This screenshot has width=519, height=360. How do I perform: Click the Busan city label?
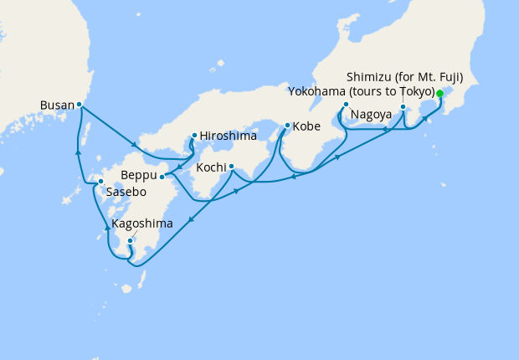pyautogui.click(x=57, y=105)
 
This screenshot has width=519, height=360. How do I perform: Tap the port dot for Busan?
pyautogui.click(x=79, y=105)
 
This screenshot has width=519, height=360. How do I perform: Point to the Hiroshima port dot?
pyautogui.click(x=194, y=135)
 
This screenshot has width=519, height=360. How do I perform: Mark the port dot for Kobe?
pyautogui.click(x=287, y=126)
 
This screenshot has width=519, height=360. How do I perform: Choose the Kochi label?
pyautogui.click(x=211, y=167)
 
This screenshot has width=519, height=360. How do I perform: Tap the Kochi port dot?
pyautogui.click(x=231, y=166)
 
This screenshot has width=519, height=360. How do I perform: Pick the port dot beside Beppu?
pyautogui.click(x=162, y=177)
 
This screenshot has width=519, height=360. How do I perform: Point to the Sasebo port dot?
pyautogui.click(x=100, y=182)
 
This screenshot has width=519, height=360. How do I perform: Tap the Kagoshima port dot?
pyautogui.click(x=130, y=241)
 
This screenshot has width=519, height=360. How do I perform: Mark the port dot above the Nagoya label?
pyautogui.click(x=346, y=105)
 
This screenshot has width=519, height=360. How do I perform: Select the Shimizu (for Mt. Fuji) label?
pyautogui.click(x=404, y=75)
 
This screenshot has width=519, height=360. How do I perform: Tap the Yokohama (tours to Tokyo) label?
pyautogui.click(x=361, y=90)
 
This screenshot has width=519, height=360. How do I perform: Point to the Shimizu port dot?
pyautogui.click(x=403, y=107)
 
